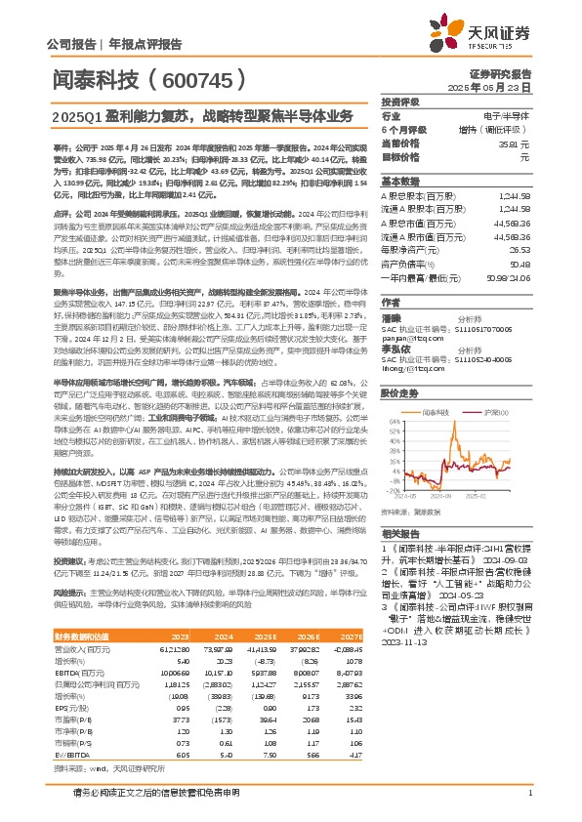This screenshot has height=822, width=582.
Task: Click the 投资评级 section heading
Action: point(400,102)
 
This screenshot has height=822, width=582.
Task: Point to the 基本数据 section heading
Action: point(400,182)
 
